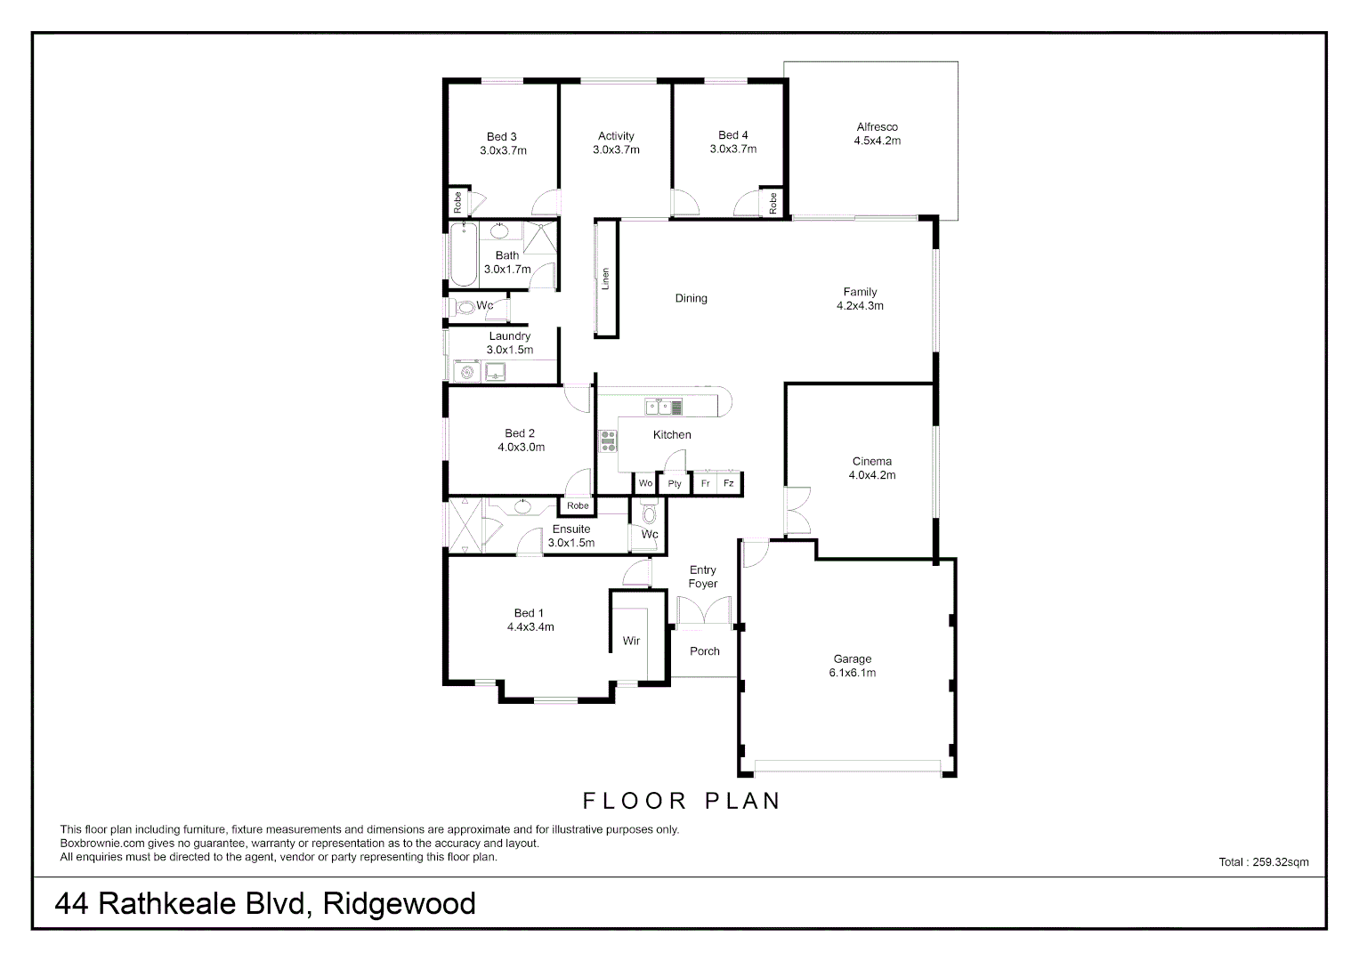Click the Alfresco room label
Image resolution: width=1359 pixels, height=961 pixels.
877,127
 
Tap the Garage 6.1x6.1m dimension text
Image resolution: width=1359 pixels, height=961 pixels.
852,673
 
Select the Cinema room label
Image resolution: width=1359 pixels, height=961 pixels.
871,461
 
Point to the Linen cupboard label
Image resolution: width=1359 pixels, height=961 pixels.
606,279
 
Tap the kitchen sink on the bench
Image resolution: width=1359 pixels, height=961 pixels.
659,408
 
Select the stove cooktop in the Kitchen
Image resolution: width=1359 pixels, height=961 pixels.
609,440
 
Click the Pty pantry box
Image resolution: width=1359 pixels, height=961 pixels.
675,483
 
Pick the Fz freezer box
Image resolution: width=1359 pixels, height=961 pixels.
729,483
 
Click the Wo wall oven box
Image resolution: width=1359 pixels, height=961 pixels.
645,483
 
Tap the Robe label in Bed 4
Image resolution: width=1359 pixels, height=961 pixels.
773,203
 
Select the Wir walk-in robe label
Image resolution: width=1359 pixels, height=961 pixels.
631,641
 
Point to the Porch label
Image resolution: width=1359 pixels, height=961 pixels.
704,651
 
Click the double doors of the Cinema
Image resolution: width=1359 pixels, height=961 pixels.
797,512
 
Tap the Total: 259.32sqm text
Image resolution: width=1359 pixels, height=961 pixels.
1263,861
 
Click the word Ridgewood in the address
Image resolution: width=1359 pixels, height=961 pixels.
400,904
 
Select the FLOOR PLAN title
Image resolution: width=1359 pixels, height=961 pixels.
682,801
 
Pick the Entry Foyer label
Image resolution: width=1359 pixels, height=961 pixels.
702,577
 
